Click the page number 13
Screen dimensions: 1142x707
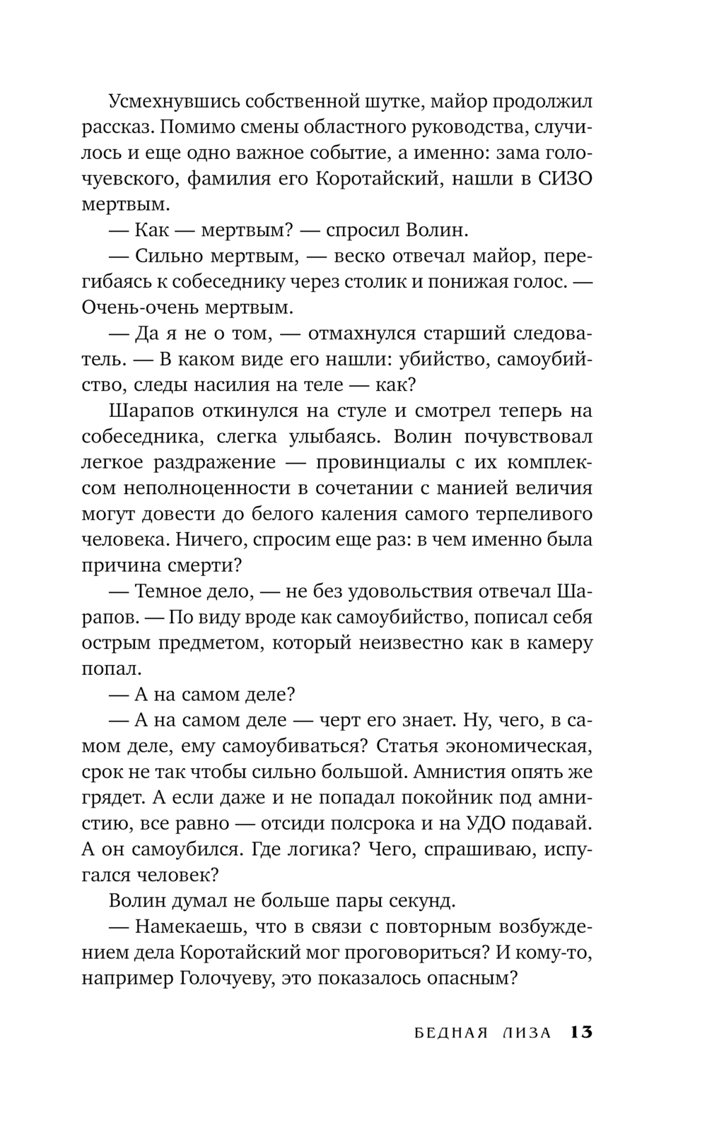[x=581, y=1032]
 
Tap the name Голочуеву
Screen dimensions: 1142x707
[x=245, y=978]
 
